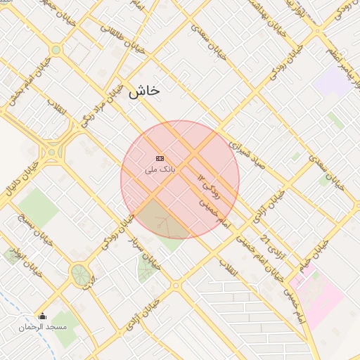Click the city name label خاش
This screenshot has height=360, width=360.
pos(144,90)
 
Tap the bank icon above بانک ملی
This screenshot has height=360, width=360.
pos(160,158)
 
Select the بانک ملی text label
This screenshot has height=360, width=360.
pos(160,169)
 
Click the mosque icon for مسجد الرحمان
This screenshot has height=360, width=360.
pos(43,316)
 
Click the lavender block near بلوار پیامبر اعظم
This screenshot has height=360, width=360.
pos(331,82)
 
